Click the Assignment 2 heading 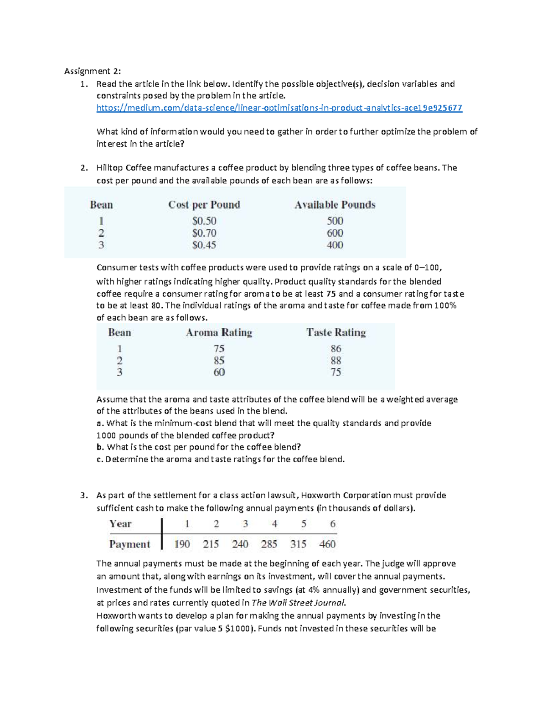(x=93, y=71)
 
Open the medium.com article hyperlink (x=279, y=108)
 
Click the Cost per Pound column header (x=204, y=205)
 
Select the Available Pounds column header (x=335, y=205)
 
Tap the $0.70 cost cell (x=204, y=233)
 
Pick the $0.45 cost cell (x=204, y=245)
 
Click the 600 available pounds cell (x=335, y=233)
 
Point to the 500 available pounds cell (x=335, y=221)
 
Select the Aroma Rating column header (x=219, y=333)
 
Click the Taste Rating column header (x=336, y=333)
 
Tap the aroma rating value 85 (x=219, y=361)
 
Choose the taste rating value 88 (x=336, y=361)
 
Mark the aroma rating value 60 (x=219, y=372)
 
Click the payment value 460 (x=327, y=544)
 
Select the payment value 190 (x=182, y=544)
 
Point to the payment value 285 (x=269, y=544)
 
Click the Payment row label (x=129, y=544)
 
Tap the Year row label (x=120, y=524)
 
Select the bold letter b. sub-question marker (x=100, y=447)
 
